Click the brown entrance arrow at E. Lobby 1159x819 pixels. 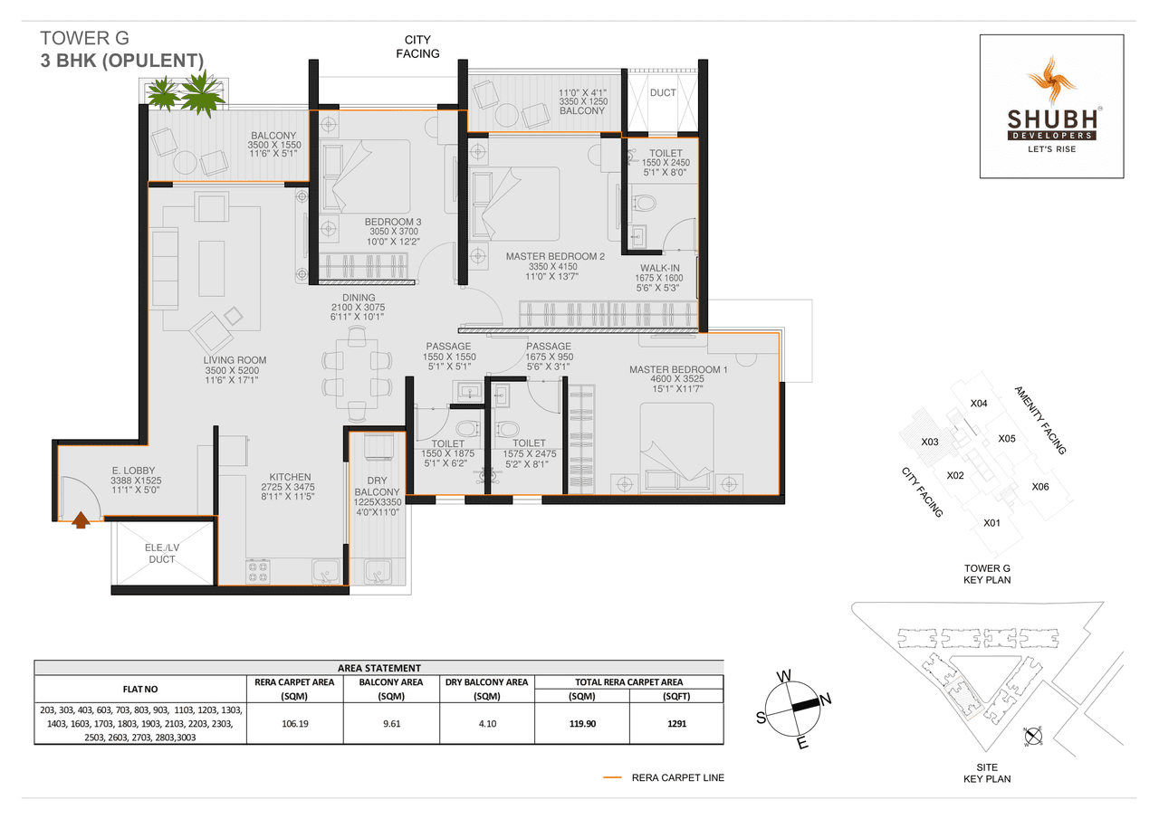[81, 519]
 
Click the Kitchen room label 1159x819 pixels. [290, 477]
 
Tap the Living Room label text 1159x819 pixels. [235, 360]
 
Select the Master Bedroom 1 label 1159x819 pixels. [666, 369]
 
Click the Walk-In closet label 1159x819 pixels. [660, 268]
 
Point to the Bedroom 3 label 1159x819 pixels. [393, 222]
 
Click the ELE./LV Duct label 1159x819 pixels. [163, 553]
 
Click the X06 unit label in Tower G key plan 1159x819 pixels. [1040, 487]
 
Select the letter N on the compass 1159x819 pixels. [826, 698]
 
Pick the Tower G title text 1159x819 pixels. [85, 38]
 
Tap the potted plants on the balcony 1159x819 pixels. [186, 93]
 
